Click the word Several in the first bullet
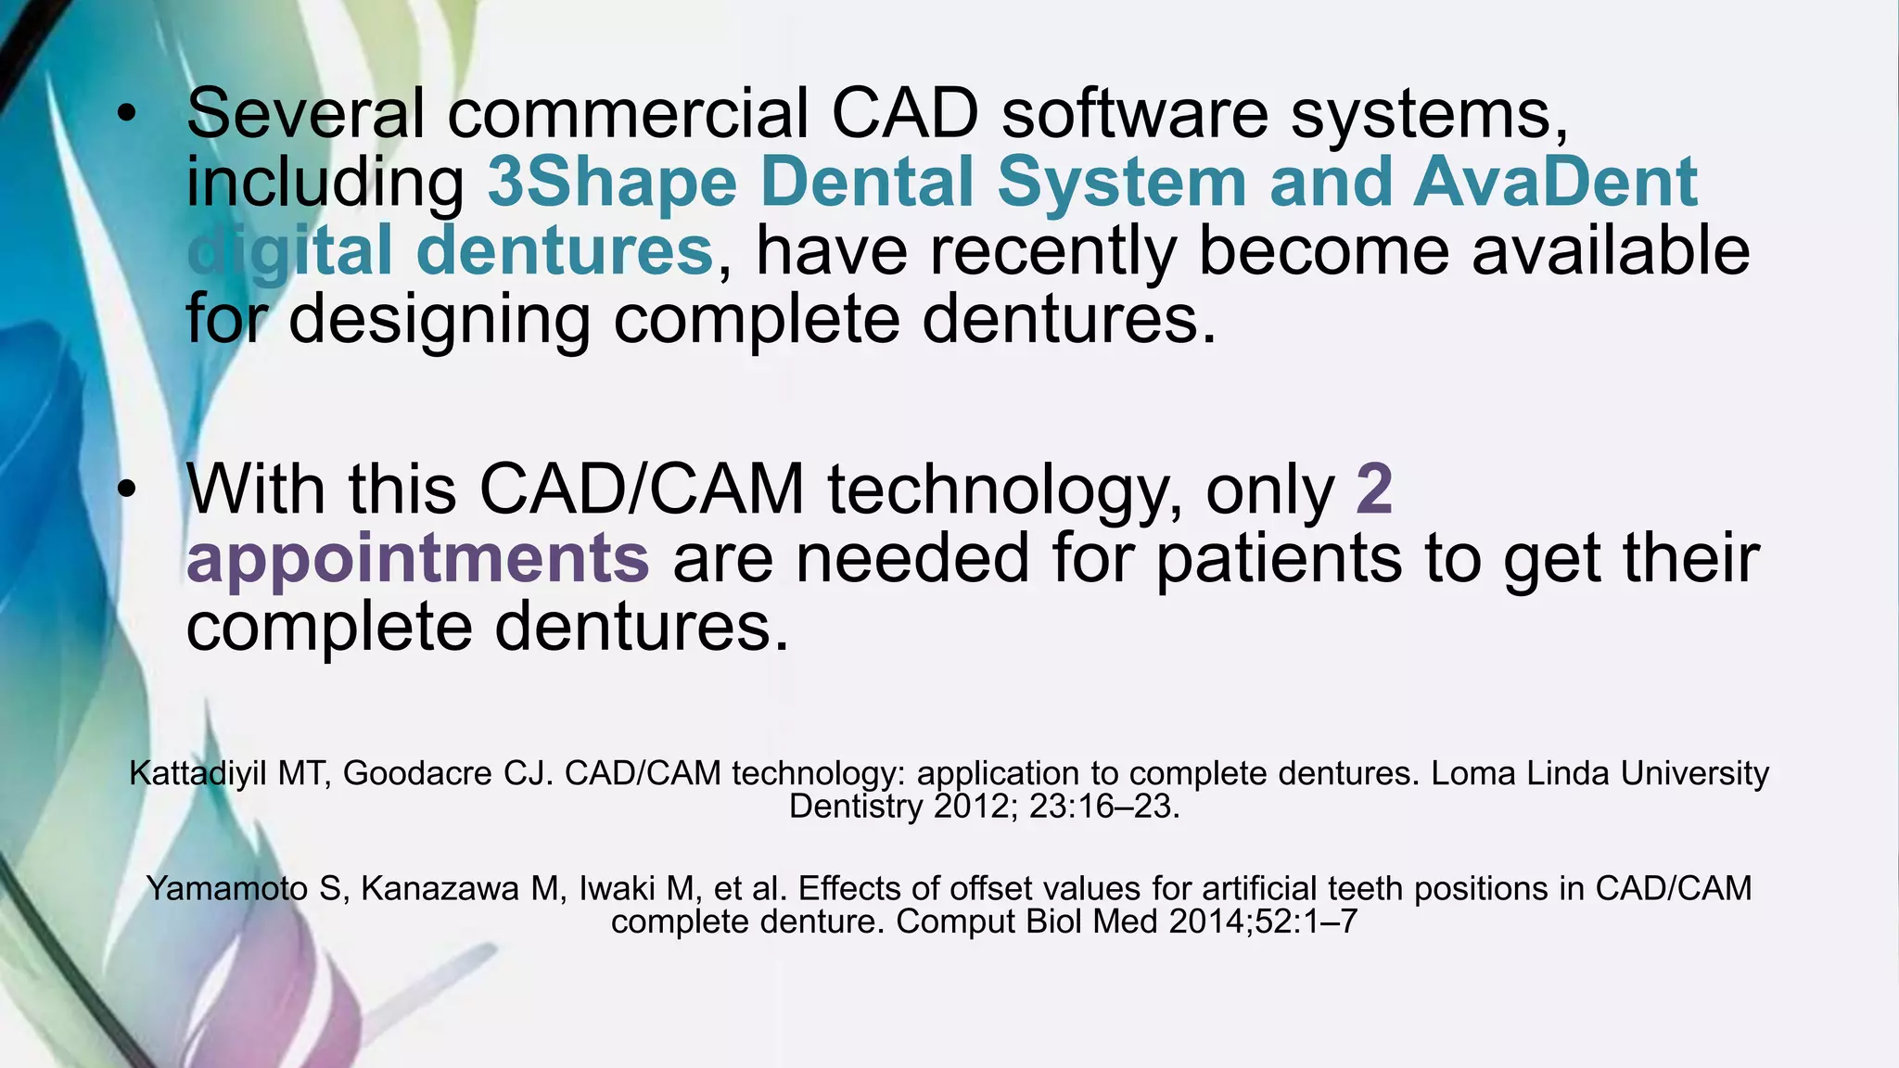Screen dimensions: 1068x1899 click(305, 113)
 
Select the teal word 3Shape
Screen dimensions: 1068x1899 click(612, 182)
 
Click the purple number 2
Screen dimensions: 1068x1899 click(1374, 489)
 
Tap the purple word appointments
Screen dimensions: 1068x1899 click(418, 558)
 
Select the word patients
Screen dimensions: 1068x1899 click(1280, 558)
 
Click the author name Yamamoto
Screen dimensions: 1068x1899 click(227, 888)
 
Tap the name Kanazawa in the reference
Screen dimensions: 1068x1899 click(440, 888)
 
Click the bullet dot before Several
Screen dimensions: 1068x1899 click(127, 115)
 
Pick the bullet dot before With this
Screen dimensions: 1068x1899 click(127, 490)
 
